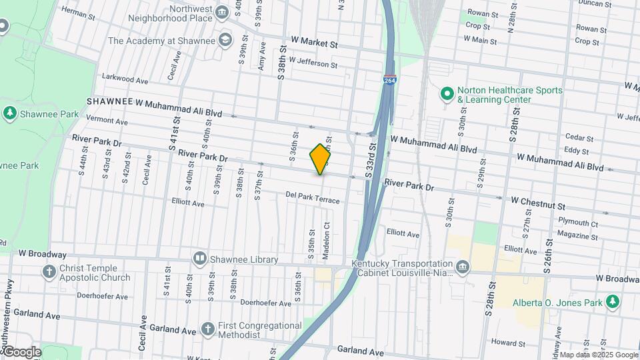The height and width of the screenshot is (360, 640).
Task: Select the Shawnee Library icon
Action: pyautogui.click(x=199, y=258)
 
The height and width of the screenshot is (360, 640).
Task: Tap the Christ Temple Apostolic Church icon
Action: pyautogui.click(x=49, y=271)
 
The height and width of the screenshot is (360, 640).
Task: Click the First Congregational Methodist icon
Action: pyautogui.click(x=208, y=329)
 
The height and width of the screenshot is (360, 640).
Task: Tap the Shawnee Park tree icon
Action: pyautogui.click(x=9, y=113)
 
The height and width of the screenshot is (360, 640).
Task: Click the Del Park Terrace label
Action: pyautogui.click(x=312, y=198)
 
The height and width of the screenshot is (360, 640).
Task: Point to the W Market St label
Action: pyautogui.click(x=310, y=42)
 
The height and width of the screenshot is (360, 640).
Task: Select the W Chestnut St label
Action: pyautogui.click(x=538, y=201)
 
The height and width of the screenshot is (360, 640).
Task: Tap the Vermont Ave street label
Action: pyautogui.click(x=107, y=121)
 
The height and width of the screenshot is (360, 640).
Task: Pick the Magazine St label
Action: pyautogui.click(x=577, y=235)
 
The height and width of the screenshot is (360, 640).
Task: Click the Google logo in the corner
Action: pyautogui.click(x=22, y=351)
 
